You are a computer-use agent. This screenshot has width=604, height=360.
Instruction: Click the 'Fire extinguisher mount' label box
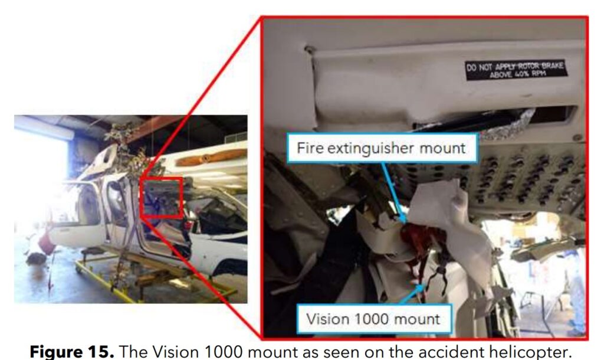(382, 148)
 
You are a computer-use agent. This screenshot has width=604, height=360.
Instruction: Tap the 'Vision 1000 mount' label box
(373, 319)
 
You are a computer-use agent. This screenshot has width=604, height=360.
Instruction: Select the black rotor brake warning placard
(516, 70)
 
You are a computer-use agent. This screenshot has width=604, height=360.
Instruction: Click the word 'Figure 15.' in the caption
(72, 351)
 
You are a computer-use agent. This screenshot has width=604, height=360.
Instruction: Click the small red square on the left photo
(162, 197)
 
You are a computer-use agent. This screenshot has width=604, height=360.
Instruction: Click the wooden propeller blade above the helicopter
(211, 158)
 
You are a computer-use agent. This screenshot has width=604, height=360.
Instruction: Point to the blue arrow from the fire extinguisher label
(393, 194)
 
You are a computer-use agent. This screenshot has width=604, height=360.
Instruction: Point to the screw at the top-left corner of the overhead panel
(308, 50)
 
